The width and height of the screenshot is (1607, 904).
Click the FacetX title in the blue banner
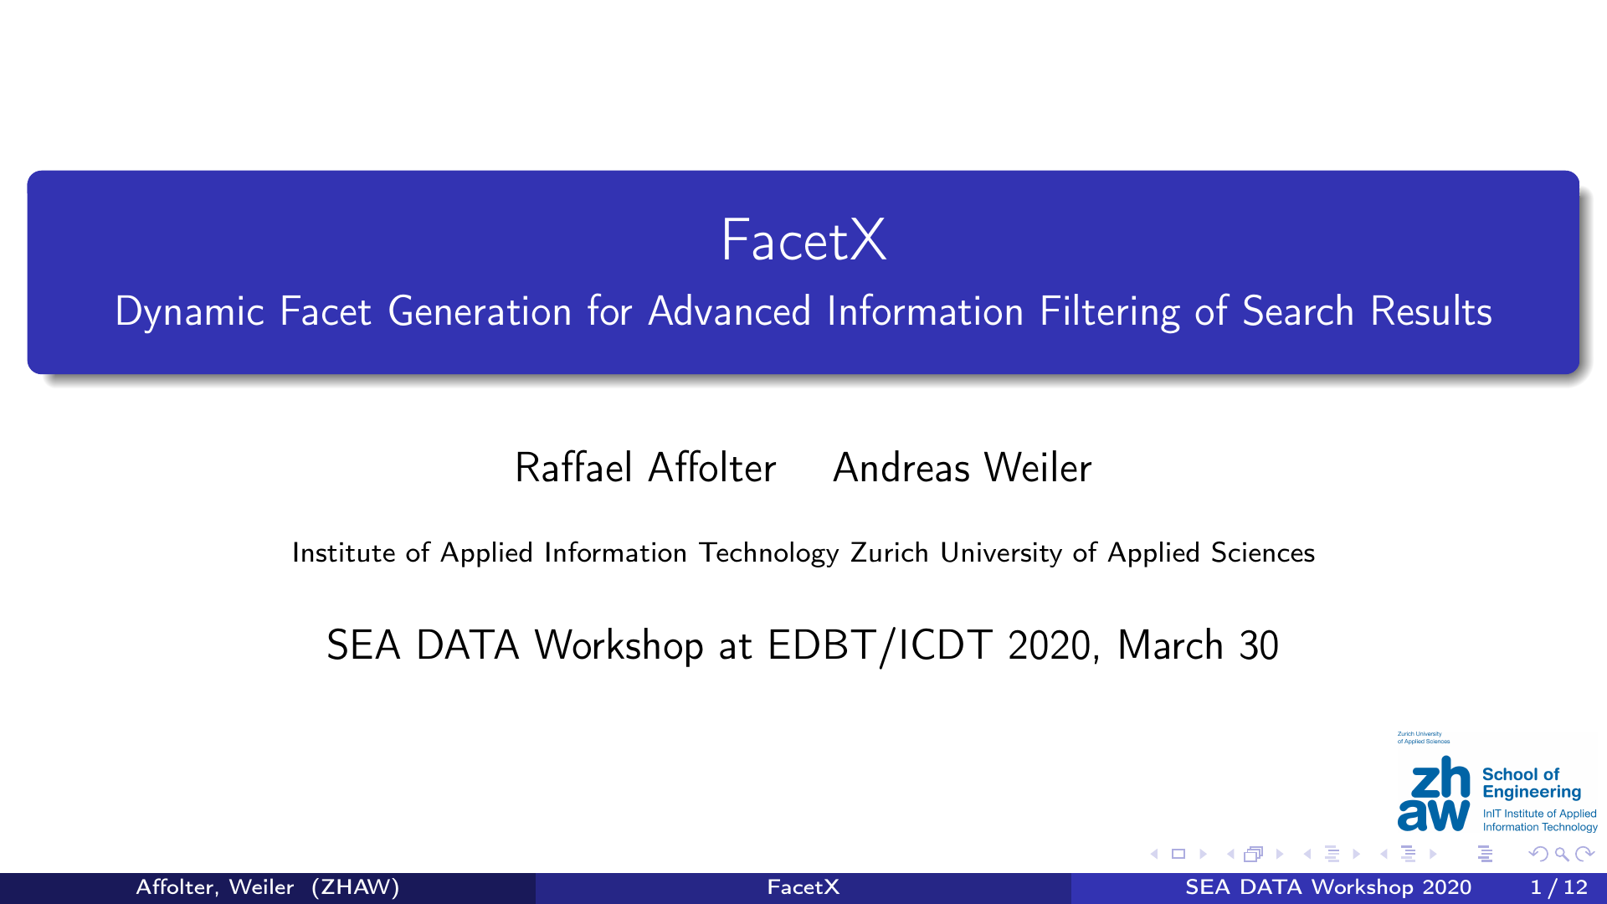click(x=803, y=240)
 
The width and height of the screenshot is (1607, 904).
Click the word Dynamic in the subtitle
click(x=190, y=312)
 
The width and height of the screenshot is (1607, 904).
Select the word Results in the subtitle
click(x=1431, y=311)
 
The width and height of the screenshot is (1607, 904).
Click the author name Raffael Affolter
click(x=645, y=468)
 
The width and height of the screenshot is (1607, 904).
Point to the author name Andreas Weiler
click(x=963, y=468)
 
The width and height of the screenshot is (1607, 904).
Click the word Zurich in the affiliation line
click(x=889, y=552)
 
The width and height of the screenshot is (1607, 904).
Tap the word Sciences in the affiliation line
click(x=1263, y=552)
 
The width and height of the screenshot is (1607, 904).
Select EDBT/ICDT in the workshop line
click(x=880, y=646)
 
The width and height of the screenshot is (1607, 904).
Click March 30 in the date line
click(x=1199, y=645)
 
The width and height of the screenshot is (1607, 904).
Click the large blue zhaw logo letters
click(x=1434, y=794)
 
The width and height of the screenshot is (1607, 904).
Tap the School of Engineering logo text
click(x=1532, y=783)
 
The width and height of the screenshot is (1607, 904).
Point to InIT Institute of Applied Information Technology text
click(x=1540, y=820)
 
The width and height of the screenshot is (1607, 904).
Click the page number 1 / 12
click(x=1558, y=887)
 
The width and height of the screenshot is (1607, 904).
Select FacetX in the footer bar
click(x=803, y=887)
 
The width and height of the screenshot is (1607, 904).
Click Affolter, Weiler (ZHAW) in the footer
click(x=268, y=887)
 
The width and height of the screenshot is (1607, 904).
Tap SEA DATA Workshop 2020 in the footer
click(x=1328, y=887)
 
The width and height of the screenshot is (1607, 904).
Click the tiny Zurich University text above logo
click(x=1424, y=737)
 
